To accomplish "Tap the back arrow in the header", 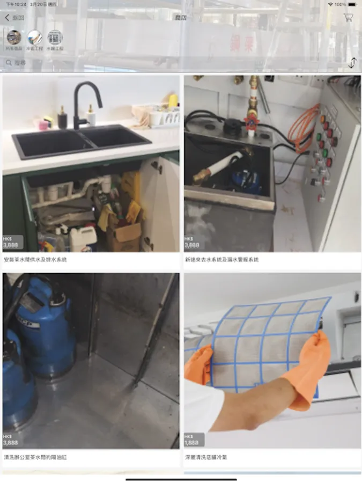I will click(8, 18).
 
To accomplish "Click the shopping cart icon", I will click(348, 17).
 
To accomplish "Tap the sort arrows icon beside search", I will click(352, 63).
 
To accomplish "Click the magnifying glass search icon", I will click(9, 63).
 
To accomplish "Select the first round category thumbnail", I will click(14, 38).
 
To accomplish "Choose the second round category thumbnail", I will click(35, 38).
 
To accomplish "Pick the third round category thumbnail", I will click(55, 38).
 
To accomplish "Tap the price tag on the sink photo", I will click(12, 243).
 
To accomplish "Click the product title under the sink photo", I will click(35, 259).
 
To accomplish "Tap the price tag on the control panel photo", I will click(193, 243).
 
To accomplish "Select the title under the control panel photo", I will click(221, 259).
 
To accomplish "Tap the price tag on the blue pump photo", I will click(12, 441).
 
